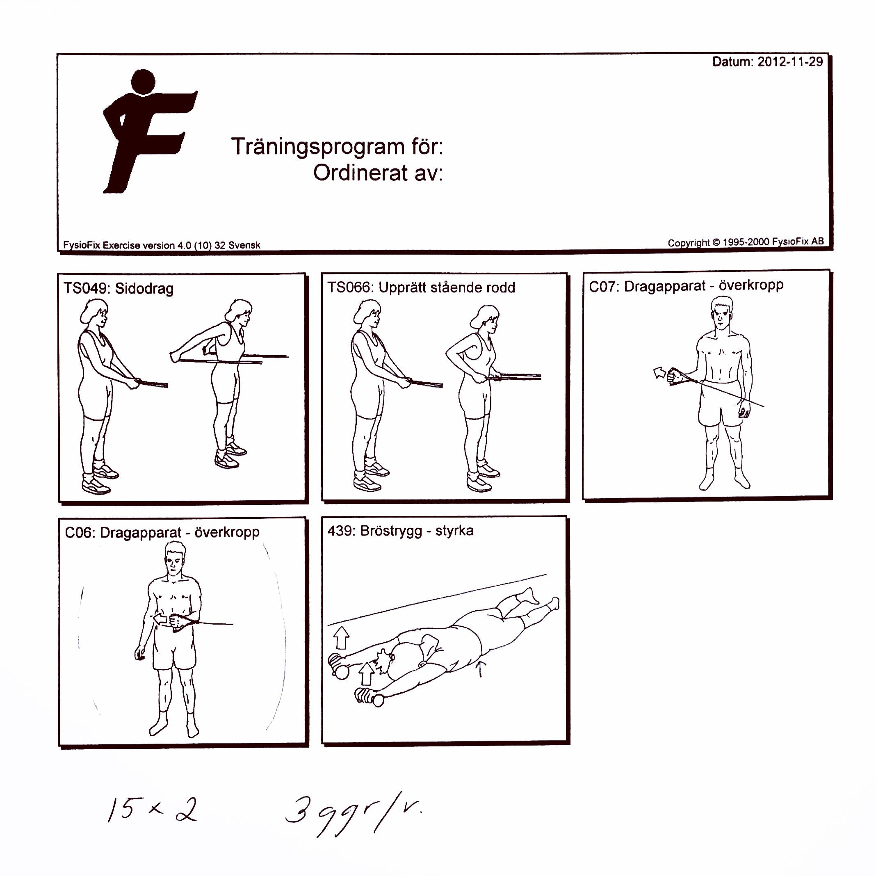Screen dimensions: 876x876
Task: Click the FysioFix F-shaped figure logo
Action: click(145, 132)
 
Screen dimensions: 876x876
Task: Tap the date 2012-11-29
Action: click(789, 62)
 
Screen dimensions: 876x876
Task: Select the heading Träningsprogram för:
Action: click(337, 146)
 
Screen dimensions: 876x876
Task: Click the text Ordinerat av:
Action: click(378, 173)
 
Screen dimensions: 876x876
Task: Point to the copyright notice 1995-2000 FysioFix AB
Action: click(746, 242)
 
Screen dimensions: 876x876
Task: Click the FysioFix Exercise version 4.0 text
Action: click(162, 245)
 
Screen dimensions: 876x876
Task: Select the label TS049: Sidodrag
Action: click(119, 288)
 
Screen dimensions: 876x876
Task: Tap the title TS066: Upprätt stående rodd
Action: click(421, 287)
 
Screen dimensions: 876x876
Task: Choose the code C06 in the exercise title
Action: click(78, 532)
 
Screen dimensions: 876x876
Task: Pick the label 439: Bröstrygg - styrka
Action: click(400, 531)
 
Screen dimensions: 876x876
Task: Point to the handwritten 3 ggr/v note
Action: click(351, 814)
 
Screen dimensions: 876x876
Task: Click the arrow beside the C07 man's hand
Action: click(660, 373)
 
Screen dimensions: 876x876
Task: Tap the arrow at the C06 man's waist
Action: click(161, 619)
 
